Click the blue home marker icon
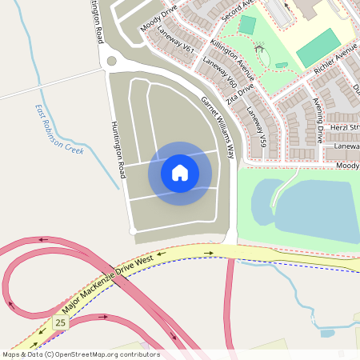pyautogui.click(x=180, y=173)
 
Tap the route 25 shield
pyautogui.click(x=60, y=322)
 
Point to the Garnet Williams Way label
pyautogui.click(x=218, y=126)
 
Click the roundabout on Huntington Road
pyautogui.click(x=110, y=61)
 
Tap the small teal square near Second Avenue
pyautogui.click(x=246, y=25)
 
